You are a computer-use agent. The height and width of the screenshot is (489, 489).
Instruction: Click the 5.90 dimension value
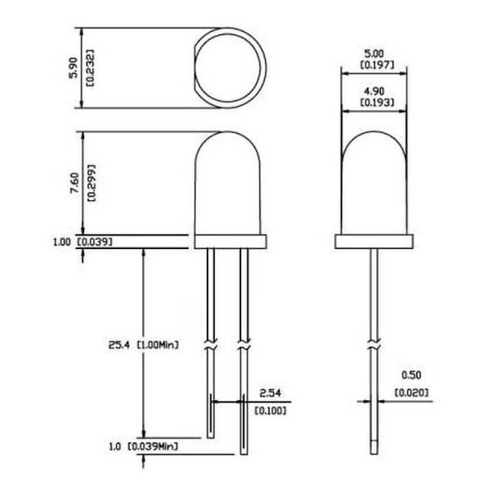[x=73, y=67]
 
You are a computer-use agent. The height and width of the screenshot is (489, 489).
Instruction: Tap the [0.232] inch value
[x=90, y=68]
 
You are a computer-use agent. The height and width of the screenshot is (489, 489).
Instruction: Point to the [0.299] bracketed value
[x=92, y=183]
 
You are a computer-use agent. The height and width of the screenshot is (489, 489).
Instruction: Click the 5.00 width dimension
[x=374, y=54]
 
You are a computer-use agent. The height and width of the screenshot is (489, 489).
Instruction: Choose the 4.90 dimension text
[x=374, y=91]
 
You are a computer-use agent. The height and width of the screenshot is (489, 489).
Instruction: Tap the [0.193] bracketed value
[x=377, y=102]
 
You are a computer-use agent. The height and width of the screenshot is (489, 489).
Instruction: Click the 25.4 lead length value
[x=119, y=345]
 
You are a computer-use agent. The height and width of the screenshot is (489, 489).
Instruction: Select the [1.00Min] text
[x=158, y=345]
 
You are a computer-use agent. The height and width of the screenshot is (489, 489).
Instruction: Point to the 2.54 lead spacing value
[x=270, y=393]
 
